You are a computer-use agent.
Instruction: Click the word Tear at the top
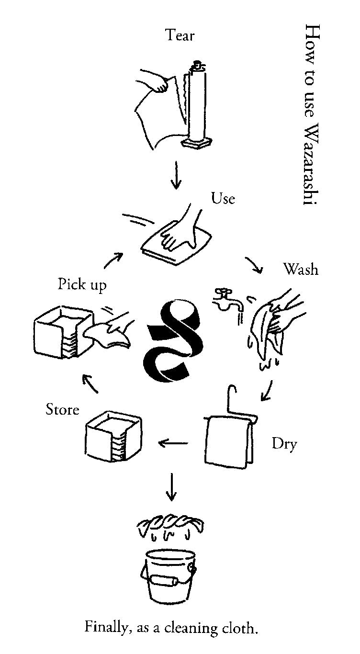coord(180,35)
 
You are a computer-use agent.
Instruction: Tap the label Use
coord(223,198)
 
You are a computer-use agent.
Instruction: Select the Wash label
coord(300,269)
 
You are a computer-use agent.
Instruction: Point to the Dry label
coord(284,444)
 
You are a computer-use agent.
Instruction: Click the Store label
coord(62,410)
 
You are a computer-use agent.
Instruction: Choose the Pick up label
coord(82,284)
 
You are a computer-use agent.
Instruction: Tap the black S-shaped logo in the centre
coord(174,342)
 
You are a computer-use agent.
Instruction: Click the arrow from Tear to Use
coord(177,175)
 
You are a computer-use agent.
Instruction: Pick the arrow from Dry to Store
coord(173,443)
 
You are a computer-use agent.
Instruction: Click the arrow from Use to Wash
coord(255,266)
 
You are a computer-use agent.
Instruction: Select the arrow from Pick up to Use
coord(113,261)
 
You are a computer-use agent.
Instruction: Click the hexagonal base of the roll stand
coord(196,143)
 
